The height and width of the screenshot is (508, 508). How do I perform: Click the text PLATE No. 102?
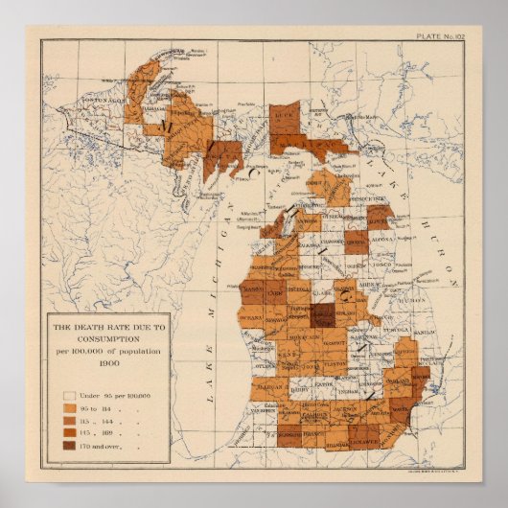tap(441, 36)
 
